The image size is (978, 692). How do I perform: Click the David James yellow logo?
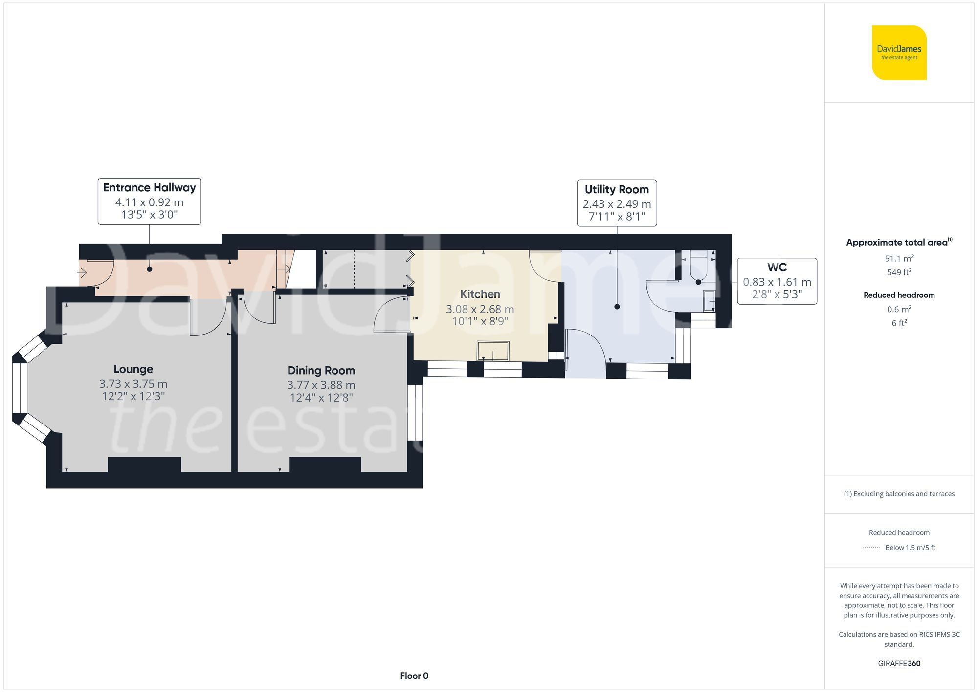coord(899,53)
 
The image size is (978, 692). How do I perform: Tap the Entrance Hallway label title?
coord(149,188)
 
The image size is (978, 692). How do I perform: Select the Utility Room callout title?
coord(617,190)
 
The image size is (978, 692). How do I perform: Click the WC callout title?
coord(777,268)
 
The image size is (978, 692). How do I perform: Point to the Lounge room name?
coord(133,369)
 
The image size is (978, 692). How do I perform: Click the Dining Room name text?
coord(321,371)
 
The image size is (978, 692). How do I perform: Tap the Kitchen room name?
coord(480,294)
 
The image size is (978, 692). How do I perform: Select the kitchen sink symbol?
coord(493,351)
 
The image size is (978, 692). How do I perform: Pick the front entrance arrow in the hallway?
coord(82,272)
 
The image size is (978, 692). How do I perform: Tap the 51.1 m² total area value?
coord(899,258)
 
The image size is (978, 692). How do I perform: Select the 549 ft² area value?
coord(899,272)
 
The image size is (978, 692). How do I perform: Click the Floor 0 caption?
coord(414,676)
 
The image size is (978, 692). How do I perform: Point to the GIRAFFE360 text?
coord(899,664)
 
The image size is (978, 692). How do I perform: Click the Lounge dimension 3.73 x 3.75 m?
coord(133,384)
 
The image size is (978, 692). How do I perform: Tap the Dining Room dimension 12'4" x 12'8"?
coord(321,398)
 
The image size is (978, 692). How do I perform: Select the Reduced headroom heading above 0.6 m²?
coord(899,295)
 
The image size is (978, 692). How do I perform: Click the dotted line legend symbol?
coord(871,548)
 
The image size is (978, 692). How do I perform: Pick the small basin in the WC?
coord(709,301)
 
